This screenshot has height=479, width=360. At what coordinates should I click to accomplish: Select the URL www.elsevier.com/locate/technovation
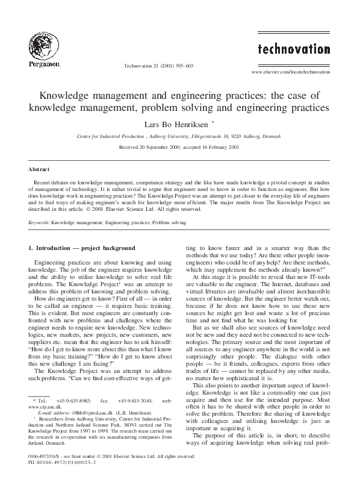point(299,72)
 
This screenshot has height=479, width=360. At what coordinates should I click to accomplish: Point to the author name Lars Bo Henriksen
point(173,124)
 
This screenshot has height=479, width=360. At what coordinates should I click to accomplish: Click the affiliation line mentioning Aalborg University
point(179,137)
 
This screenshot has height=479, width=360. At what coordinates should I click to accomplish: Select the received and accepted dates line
point(179,146)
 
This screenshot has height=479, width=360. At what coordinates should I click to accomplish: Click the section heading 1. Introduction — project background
point(82,248)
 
